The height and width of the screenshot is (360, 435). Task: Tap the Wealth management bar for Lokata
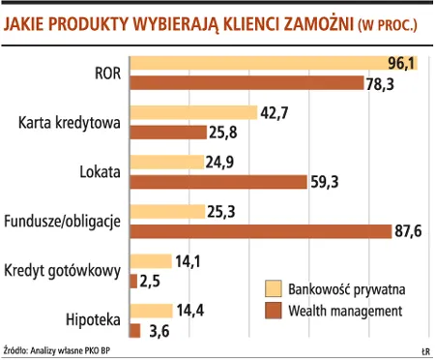(x=221, y=181)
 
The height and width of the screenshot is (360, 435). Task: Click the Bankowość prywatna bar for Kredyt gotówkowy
(x=151, y=261)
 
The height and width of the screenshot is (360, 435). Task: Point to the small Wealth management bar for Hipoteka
(x=134, y=330)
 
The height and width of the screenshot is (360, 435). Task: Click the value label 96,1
(x=401, y=64)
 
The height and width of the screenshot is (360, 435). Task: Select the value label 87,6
(x=407, y=230)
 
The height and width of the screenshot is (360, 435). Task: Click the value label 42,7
(x=275, y=112)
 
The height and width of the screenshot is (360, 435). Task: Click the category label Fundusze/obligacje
(x=62, y=222)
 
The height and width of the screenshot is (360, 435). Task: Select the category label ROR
(x=106, y=73)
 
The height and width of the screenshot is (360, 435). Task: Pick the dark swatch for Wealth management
(x=273, y=310)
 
